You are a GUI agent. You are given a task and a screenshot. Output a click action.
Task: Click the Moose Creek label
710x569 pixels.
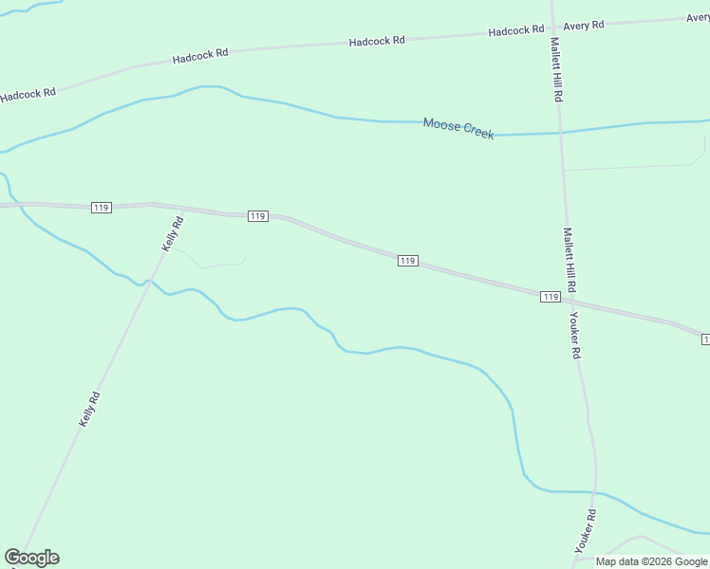458,128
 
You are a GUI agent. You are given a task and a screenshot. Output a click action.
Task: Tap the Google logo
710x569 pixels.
31,558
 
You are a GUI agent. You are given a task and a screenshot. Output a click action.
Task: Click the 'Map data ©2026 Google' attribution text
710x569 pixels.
651,561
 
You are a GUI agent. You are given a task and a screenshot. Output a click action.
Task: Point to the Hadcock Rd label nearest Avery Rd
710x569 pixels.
515,31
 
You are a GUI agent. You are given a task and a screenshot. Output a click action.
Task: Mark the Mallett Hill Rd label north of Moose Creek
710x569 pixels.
556,70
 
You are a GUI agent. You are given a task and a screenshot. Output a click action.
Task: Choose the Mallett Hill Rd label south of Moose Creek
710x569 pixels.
570,259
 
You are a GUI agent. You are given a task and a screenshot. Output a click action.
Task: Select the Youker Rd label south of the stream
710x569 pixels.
585,532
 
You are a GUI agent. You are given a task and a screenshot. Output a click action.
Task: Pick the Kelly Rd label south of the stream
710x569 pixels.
89,410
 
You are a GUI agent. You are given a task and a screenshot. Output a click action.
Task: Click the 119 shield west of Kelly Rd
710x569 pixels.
102,208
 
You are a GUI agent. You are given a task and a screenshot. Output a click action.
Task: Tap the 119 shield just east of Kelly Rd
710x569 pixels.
257,216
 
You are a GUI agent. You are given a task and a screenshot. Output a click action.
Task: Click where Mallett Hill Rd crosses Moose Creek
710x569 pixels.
561,133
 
